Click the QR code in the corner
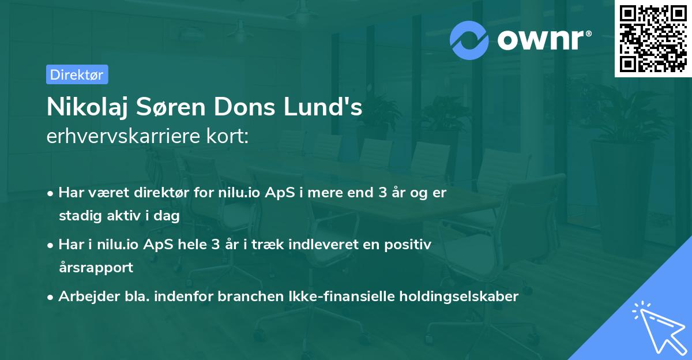point(653,38)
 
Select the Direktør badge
point(77,74)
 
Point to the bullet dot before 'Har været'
point(51,193)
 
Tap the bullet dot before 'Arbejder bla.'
point(51,297)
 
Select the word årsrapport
point(96,267)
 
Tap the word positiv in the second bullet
point(411,245)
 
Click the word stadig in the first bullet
point(77,216)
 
